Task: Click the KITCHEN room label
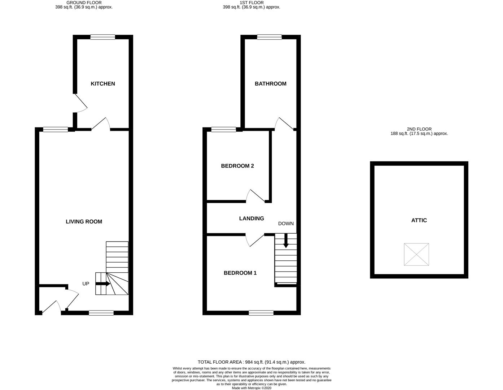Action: [x=102, y=84]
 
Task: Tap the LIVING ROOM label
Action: [x=84, y=222]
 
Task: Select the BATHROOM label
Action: [x=270, y=84]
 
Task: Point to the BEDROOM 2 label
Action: [x=237, y=166]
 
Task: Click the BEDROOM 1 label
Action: [x=240, y=273]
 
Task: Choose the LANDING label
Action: [x=251, y=218]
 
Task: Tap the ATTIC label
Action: [x=419, y=220]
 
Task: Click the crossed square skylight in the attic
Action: [x=416, y=254]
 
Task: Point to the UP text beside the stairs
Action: [x=86, y=284]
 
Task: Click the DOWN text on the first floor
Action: [x=286, y=224]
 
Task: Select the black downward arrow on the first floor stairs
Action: [x=286, y=241]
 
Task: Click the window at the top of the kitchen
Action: [x=103, y=37]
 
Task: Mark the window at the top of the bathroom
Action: [x=270, y=37]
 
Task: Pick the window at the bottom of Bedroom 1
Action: [x=261, y=313]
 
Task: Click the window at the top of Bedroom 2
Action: [x=224, y=129]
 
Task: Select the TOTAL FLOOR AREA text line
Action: [x=251, y=362]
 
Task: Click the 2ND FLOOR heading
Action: [x=419, y=129]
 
